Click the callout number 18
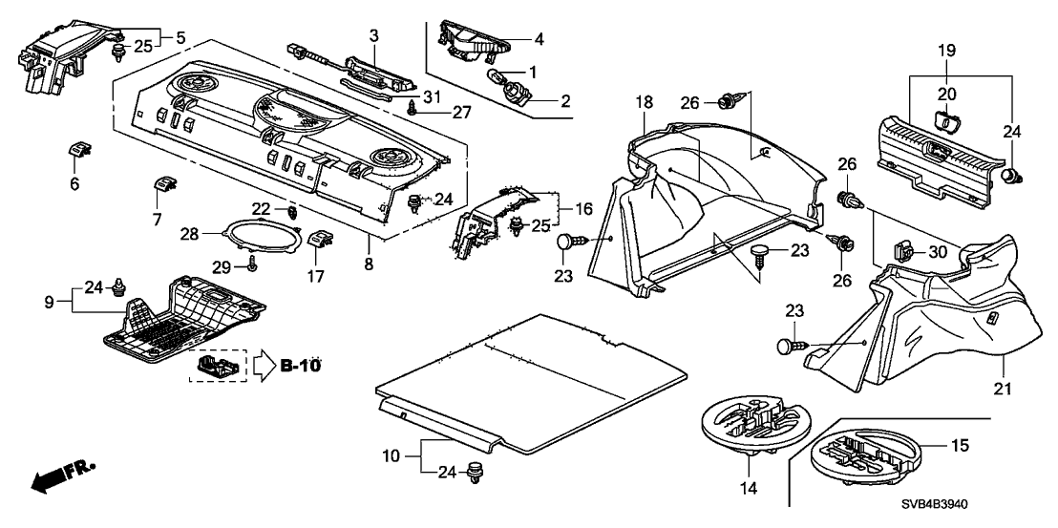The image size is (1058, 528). [x=645, y=101]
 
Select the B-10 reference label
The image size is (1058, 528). [x=302, y=365]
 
